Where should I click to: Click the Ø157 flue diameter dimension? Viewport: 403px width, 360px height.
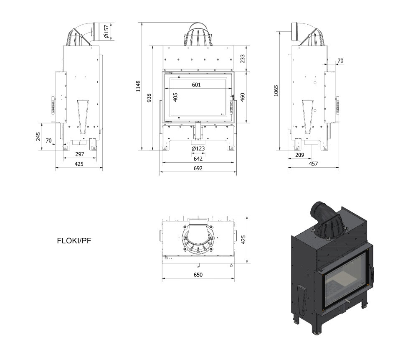pos(106,31)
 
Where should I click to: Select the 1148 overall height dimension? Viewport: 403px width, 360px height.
pos(138,86)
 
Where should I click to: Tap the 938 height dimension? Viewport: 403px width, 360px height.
pos(149,98)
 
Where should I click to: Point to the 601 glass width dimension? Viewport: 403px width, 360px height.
pos(196,84)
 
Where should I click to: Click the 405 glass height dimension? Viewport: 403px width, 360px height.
pos(175,97)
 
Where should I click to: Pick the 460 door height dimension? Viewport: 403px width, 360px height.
pos(242,97)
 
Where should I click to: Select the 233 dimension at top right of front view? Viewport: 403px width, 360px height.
pos(242,59)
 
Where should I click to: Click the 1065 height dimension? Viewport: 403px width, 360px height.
pos(276,91)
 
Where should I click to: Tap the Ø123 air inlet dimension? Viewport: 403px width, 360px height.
pos(198,148)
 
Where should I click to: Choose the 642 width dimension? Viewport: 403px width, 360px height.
pos(198,158)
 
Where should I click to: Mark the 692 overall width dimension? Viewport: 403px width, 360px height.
pos(198,168)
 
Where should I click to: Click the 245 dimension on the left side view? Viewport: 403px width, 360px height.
pos(38,136)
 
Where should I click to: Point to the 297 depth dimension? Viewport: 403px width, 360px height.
pos(80,154)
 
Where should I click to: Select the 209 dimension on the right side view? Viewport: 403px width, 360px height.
pos(299,155)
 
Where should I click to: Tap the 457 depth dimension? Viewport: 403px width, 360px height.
pos(313,163)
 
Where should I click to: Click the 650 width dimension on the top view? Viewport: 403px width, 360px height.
pos(198,275)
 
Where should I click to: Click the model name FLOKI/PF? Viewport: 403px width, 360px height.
pos(74,241)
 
